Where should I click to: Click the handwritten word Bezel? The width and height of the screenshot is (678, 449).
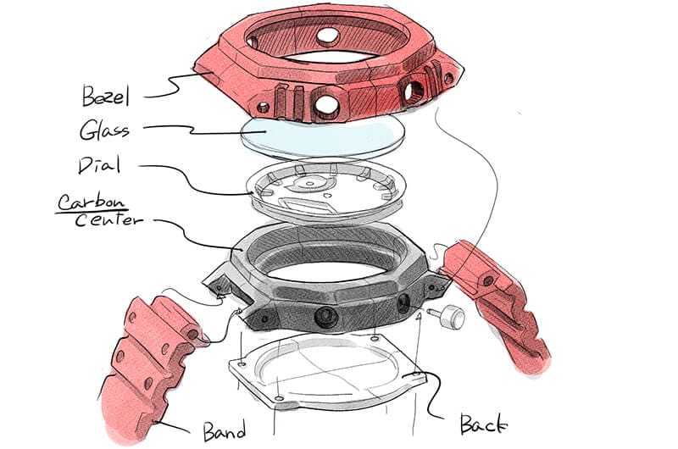[x=105, y=96]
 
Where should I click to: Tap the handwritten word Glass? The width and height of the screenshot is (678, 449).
[x=104, y=130]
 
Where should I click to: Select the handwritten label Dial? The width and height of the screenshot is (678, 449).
[x=99, y=165]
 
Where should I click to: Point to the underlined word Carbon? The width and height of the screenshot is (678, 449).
[x=92, y=202]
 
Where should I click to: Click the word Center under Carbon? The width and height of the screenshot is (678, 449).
[x=108, y=220]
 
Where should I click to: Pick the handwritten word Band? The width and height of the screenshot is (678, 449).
[x=225, y=430]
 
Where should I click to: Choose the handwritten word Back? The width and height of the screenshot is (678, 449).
[x=483, y=424]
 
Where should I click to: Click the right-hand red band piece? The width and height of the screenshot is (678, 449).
[x=495, y=307]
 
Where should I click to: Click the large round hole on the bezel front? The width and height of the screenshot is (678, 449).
[x=326, y=103]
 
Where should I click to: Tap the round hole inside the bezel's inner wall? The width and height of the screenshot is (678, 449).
[x=328, y=36]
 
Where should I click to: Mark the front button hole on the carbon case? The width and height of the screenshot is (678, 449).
[x=325, y=318]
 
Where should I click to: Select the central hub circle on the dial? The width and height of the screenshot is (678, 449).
[x=309, y=184]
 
